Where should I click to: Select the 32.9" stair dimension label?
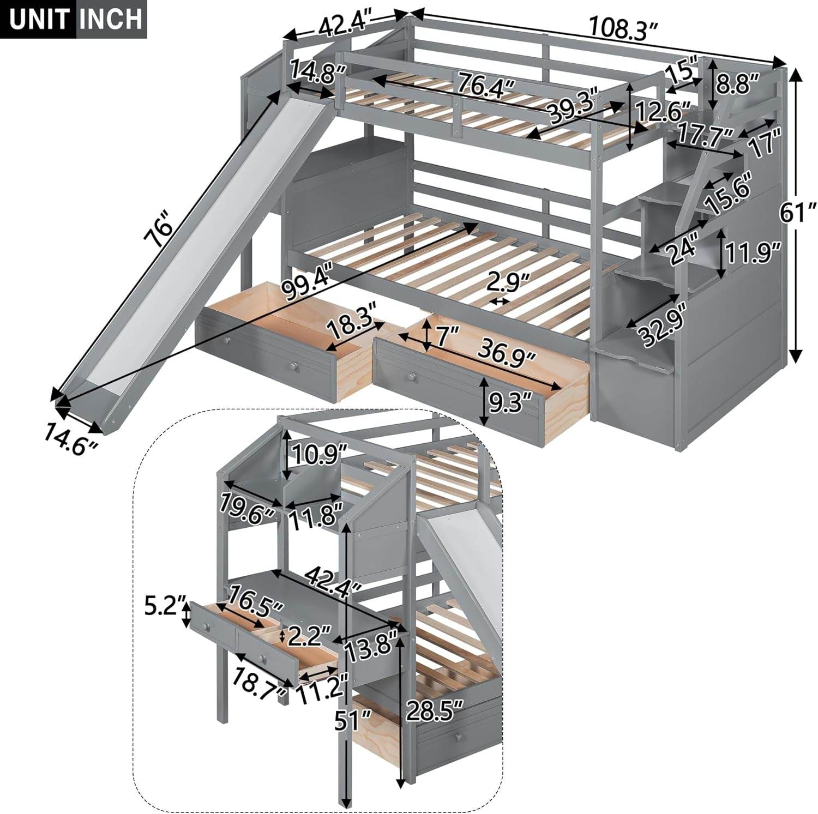click(x=662, y=328)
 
